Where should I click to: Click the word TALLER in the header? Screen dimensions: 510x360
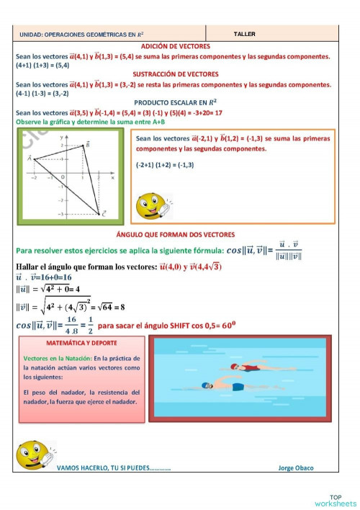click(x=245, y=34)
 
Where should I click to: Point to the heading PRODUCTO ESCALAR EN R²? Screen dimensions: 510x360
click(x=175, y=102)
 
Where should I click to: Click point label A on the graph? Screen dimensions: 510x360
click(x=30, y=158)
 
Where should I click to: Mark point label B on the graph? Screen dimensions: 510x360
click(x=87, y=145)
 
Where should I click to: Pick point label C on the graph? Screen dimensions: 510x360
click(x=104, y=213)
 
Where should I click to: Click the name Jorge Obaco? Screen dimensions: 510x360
click(x=296, y=468)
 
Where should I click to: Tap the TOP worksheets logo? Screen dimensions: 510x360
click(x=338, y=500)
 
